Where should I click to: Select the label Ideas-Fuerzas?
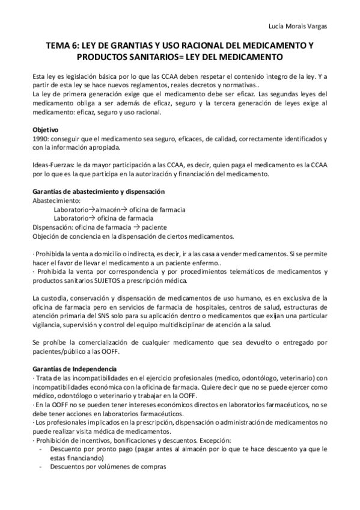pyautogui.click(x=53, y=166)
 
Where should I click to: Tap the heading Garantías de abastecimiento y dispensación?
pyautogui.click(x=97, y=191)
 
